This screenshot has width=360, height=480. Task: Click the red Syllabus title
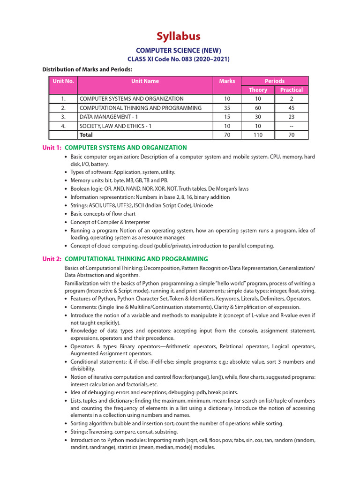[178, 36]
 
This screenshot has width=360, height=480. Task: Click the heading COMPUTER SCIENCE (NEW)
[178, 50]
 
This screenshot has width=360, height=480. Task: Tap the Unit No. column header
[63, 81]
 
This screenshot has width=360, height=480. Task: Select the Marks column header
[227, 81]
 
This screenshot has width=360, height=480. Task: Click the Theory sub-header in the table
[258, 90]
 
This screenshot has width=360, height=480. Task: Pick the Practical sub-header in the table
[291, 90]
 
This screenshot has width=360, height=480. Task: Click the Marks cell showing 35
[227, 108]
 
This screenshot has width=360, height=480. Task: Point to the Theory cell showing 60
[258, 108]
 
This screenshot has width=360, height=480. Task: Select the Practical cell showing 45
[291, 108]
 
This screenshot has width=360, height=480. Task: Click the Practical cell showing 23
[291, 117]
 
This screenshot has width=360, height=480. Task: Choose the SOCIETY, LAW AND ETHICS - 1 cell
[116, 126]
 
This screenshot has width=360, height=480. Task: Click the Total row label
[86, 135]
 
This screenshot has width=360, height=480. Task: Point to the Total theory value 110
[258, 135]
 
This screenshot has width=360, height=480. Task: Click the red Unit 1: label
[52, 148]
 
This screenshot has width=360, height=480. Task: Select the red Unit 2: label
[52, 259]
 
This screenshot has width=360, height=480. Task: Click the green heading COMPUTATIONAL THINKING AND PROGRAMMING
[136, 259]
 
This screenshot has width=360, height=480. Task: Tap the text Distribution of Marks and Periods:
[87, 69]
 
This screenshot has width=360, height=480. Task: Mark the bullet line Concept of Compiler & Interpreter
[110, 222]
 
